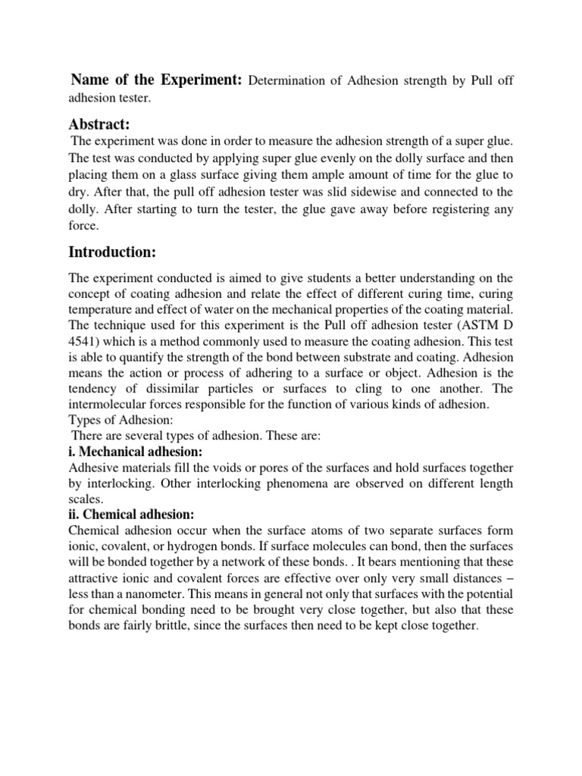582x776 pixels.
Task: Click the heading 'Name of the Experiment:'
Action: click(155, 80)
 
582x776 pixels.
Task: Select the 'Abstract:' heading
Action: click(100, 124)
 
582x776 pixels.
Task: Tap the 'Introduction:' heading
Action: click(114, 251)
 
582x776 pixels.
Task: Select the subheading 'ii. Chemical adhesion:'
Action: click(132, 515)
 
